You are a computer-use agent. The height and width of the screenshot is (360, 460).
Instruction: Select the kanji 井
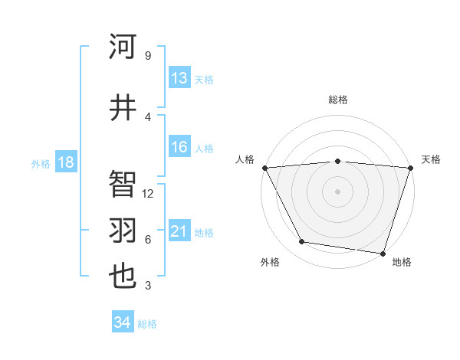click(123, 106)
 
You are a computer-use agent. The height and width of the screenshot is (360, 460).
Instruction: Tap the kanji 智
click(123, 184)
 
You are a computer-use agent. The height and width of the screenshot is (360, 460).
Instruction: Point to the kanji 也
click(123, 275)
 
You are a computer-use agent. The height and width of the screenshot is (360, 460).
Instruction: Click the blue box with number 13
click(179, 78)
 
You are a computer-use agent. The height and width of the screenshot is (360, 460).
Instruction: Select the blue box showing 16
click(179, 148)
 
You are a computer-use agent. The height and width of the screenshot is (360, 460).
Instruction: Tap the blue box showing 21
click(179, 231)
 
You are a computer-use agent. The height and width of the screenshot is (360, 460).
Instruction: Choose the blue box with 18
click(65, 162)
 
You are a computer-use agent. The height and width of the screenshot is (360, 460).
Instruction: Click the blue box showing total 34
click(123, 322)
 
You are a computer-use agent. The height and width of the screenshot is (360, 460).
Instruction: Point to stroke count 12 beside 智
click(149, 194)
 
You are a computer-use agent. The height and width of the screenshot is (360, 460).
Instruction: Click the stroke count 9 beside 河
click(147, 56)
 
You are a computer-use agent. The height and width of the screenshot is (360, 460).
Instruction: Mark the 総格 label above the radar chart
click(337, 100)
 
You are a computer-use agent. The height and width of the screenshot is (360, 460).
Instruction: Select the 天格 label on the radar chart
click(431, 159)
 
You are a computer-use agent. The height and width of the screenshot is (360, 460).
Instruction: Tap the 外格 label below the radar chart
click(270, 262)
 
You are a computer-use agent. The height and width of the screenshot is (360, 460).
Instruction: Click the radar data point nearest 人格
click(264, 168)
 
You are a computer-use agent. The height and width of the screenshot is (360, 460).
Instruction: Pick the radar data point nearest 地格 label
click(383, 253)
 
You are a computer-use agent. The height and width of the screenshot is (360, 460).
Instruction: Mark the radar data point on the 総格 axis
click(337, 161)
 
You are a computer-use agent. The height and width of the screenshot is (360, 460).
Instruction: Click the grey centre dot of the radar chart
click(337, 191)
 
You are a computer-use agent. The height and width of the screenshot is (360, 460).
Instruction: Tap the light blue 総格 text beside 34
click(147, 324)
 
